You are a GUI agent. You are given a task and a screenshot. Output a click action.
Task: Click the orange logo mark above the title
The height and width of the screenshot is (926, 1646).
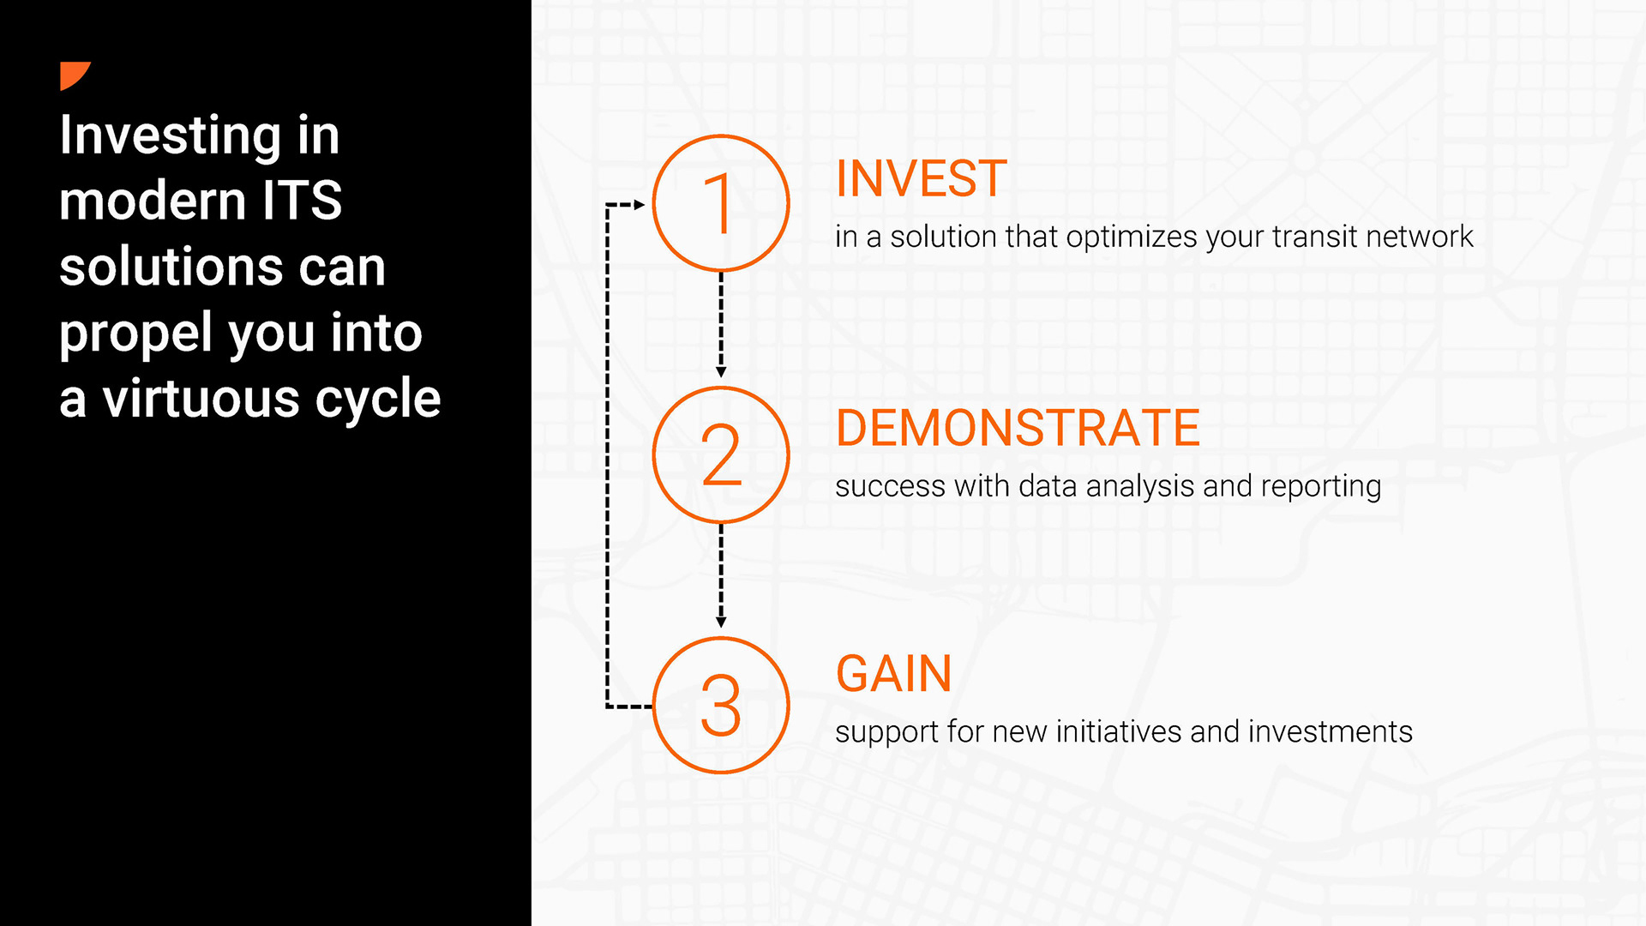coord(72,74)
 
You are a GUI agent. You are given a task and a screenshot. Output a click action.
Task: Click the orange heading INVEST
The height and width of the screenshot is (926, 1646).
coord(922,178)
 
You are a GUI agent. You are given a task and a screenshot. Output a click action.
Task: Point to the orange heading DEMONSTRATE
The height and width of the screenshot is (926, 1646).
coord(1018,428)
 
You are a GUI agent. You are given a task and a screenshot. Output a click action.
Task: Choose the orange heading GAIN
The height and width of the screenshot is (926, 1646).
coord(894,674)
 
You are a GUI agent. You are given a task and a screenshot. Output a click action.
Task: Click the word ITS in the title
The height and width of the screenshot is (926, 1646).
coord(302,201)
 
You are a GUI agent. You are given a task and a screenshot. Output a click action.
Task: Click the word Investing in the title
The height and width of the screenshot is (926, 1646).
coord(170,136)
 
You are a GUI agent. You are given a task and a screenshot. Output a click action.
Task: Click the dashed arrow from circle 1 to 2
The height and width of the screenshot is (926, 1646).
coord(721,325)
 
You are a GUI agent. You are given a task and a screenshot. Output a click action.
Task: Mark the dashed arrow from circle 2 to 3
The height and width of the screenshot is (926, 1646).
coord(721,576)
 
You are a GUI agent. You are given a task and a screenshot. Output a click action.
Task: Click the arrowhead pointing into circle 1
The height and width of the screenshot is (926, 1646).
coord(640,205)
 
